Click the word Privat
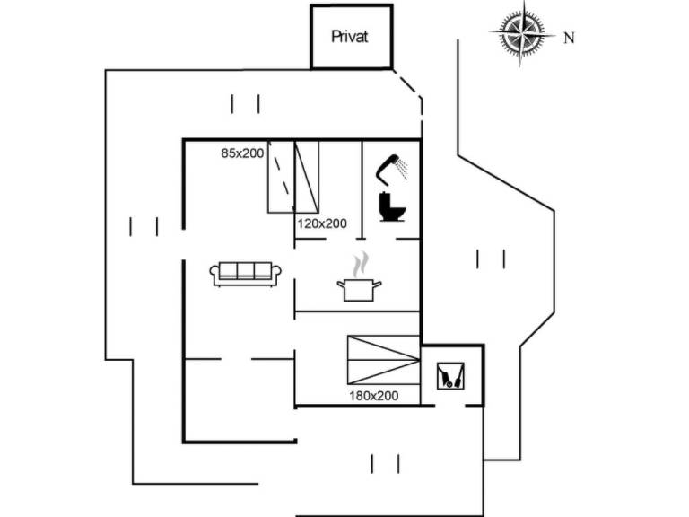350,37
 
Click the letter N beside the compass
568,38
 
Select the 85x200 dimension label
242,153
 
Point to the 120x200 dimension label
322,223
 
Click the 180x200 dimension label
373,395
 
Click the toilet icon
393,206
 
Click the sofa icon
246,274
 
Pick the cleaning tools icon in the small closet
450,375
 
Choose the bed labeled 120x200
308,176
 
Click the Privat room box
351,37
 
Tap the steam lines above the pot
359,265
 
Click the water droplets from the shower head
403,167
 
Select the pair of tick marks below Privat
245,104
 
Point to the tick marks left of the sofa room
144,226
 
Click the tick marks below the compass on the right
491,259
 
